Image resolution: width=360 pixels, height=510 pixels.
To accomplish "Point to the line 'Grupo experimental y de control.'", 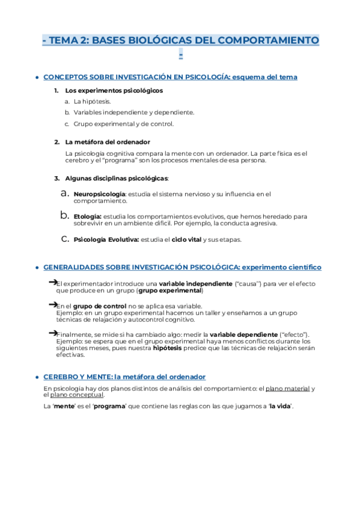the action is tap(124, 124).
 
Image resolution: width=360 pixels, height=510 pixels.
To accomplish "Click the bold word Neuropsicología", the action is tap(99, 194).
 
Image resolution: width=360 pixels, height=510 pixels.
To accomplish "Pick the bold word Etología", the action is tap(87, 216).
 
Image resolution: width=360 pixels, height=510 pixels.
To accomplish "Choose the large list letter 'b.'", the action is tap(66, 215).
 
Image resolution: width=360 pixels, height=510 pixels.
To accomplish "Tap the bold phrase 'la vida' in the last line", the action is tap(279, 407).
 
